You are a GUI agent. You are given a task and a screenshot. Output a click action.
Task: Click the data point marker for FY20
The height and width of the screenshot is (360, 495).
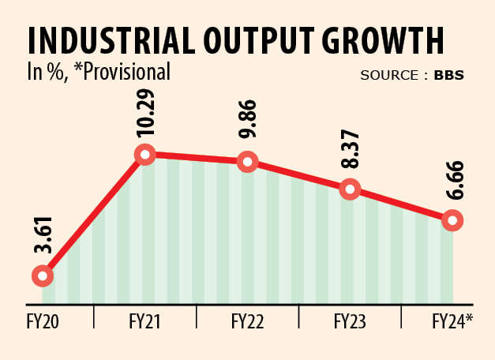coord(43,276)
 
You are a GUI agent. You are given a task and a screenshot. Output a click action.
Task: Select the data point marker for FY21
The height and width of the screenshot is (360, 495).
coord(144,154)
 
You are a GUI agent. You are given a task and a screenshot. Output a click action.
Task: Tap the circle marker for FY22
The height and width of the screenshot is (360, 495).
coord(248,162)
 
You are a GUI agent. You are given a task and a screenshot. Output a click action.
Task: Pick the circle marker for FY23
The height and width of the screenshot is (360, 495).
coord(350,189)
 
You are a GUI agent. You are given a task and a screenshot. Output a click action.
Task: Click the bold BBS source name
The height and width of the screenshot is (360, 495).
coord(448,76)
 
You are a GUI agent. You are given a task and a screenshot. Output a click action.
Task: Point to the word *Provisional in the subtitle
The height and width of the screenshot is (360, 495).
coord(122,73)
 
